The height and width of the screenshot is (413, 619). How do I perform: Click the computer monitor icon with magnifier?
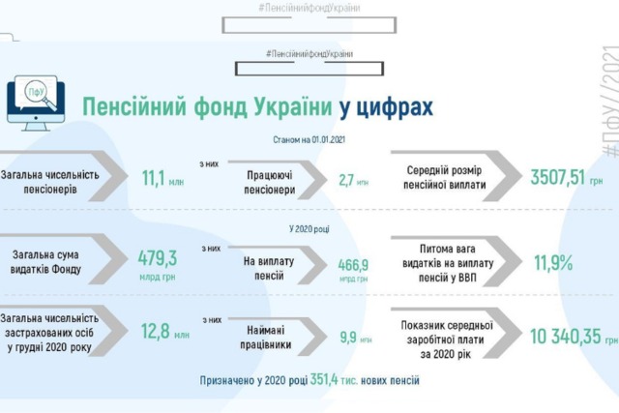coord(36,103)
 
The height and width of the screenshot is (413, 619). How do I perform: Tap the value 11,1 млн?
coord(162,178)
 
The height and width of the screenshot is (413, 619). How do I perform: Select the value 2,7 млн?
coord(353,181)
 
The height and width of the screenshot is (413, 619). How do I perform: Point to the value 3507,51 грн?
coord(567,177)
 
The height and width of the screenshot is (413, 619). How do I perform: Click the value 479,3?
coord(158,258)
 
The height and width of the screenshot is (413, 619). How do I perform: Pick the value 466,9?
coord(353,265)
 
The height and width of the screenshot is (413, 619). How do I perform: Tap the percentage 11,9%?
coord(553,262)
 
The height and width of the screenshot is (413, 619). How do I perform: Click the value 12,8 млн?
coord(165,331)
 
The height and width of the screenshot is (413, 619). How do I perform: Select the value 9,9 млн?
coord(356,338)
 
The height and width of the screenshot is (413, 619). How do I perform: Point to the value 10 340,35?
coord(565,337)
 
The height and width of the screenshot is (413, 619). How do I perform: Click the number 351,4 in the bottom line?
coord(324,379)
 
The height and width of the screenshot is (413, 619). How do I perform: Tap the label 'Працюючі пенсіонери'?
coord(269,183)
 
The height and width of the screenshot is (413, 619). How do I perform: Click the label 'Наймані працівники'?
coord(266,338)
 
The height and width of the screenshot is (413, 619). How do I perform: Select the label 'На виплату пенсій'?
coord(269,269)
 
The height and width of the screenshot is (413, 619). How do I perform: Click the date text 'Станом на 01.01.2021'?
coord(309,139)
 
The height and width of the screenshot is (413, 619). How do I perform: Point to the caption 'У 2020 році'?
coord(309,229)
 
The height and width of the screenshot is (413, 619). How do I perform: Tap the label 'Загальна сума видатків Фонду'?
coord(45,262)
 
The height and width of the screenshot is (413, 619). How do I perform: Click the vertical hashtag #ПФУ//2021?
coord(610,102)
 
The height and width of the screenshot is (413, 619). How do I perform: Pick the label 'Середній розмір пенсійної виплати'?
coord(445,178)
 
